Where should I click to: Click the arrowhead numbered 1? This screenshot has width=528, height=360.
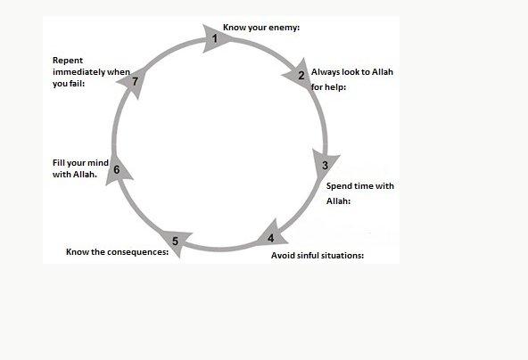pyautogui.click(x=214, y=38)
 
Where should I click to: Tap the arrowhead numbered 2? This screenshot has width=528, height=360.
pyautogui.click(x=300, y=75)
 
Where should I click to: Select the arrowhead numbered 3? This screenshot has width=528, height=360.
pyautogui.click(x=324, y=164)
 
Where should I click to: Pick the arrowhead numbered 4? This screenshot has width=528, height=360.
pyautogui.click(x=272, y=235)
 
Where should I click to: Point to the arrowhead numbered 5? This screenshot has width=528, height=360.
pyautogui.click(x=176, y=241)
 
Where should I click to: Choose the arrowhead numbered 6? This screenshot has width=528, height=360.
pyautogui.click(x=117, y=170)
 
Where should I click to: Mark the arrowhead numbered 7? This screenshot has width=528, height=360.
pyautogui.click(x=135, y=82)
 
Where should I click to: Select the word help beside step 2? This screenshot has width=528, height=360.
pyautogui.click(x=334, y=87)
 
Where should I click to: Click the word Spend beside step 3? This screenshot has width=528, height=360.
pyautogui.click(x=337, y=186)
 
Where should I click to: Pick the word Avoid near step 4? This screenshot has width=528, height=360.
pyautogui.click(x=282, y=256)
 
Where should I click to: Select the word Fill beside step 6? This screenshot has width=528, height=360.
pyautogui.click(x=58, y=163)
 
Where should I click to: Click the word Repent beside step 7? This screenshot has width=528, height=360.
pyautogui.click(x=68, y=61)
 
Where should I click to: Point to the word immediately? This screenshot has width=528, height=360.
pyautogui.click(x=78, y=72)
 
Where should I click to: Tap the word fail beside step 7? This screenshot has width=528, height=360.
pyautogui.click(x=78, y=84)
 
